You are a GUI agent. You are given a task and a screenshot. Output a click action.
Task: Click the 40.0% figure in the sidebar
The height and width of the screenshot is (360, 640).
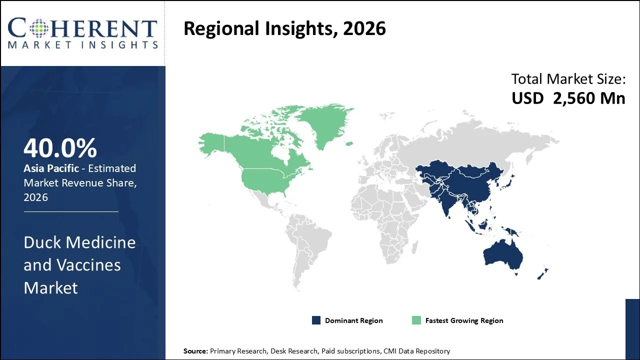[60, 148]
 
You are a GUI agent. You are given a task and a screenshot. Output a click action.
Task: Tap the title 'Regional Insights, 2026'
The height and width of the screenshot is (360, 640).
[284, 28]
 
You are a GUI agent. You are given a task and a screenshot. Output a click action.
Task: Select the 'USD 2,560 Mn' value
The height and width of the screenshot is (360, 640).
[568, 98]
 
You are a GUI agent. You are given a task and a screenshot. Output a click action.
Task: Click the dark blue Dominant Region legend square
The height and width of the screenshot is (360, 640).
[316, 320]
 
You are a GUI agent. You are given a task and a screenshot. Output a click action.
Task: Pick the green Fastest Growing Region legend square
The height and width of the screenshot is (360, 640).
[416, 320]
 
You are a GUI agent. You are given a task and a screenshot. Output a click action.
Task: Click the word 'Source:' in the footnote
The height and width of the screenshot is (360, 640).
[195, 351]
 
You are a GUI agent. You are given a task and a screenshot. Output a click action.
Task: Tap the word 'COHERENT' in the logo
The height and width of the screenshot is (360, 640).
[82, 28]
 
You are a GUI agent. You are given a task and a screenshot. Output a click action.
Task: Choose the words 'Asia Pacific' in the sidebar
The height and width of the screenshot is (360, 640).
[51, 168]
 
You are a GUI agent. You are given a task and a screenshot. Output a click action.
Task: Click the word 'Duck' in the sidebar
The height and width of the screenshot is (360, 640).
[42, 242]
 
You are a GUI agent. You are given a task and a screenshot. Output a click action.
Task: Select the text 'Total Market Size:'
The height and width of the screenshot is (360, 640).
[568, 79]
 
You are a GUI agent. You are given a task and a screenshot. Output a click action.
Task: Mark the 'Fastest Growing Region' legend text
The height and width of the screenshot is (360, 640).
[464, 320]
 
